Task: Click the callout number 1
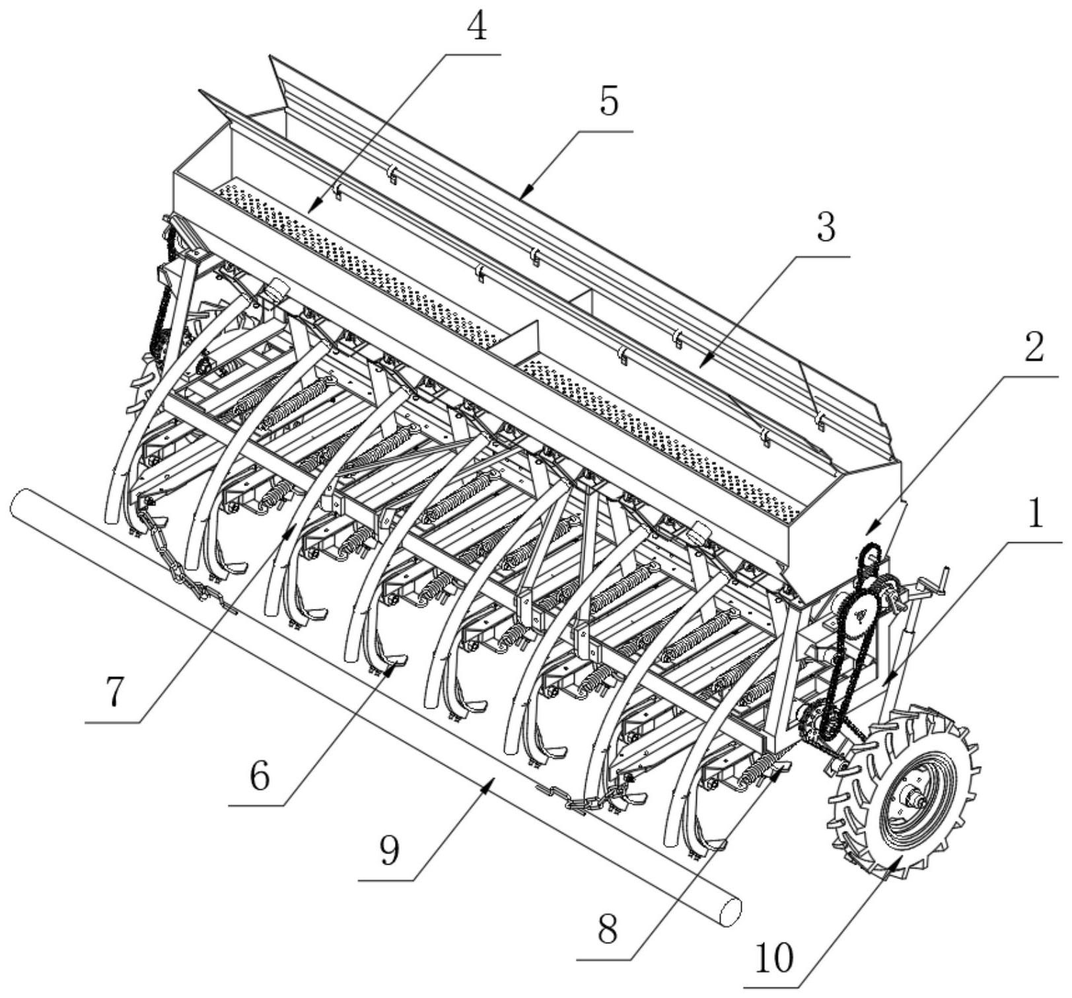click(1034, 513)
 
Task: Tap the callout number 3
click(826, 227)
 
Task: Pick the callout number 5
click(609, 102)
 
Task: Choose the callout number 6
click(260, 777)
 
